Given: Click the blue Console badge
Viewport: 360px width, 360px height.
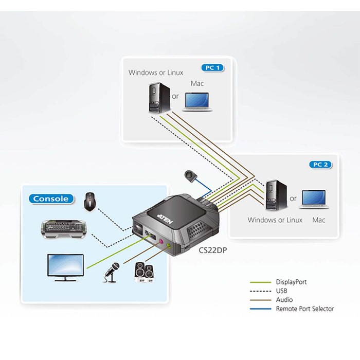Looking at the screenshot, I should tap(51, 199).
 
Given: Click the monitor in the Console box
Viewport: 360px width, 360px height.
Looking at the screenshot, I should tap(65, 267).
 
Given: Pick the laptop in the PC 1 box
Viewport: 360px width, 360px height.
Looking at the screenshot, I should tap(198, 101).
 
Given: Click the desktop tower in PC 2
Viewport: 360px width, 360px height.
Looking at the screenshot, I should tap(272, 196).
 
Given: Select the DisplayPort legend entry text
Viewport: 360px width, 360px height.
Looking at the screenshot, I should tap(291, 282).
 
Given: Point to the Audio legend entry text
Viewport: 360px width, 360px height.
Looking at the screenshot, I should tap(284, 300).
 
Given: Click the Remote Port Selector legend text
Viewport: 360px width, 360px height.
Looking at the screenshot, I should tap(304, 309).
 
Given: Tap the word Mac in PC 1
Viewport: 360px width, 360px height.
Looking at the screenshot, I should tap(197, 83).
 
